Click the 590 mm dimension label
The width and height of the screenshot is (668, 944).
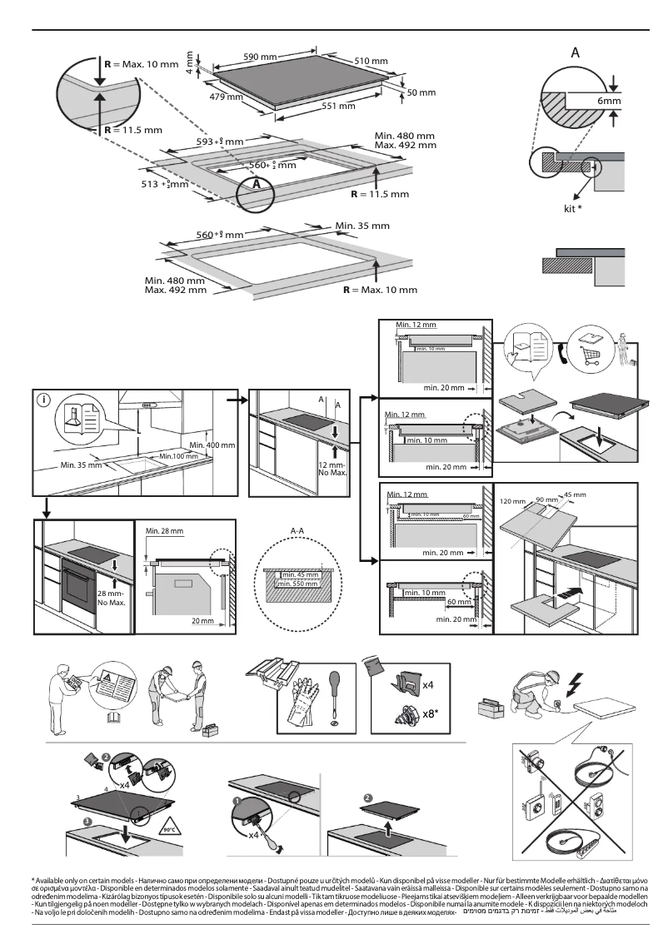259,57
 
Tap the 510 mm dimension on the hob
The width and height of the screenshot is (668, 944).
371,62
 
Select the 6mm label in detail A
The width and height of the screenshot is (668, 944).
609,101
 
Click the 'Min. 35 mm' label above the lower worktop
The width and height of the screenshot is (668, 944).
361,226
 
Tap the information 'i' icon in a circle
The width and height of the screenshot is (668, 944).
44,400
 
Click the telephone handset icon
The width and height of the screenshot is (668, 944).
566,351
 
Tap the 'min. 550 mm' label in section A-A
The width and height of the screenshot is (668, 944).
300,584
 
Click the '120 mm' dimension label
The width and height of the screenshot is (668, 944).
513,502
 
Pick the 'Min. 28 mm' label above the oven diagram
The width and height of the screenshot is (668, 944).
163,530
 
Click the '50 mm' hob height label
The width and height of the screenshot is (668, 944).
421,92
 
